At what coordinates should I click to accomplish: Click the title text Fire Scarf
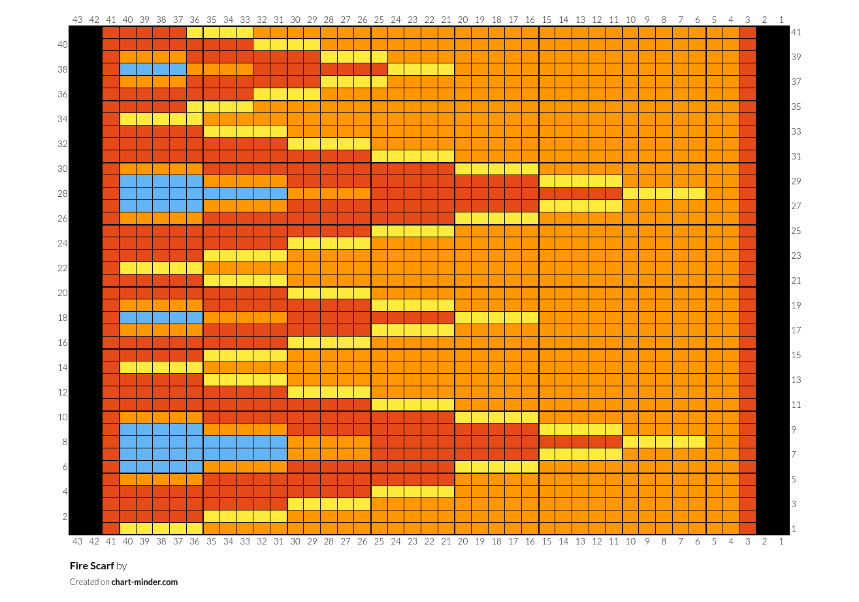pos(91,566)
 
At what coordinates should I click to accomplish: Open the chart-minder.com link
pos(144,582)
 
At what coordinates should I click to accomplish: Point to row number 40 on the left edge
pos(62,44)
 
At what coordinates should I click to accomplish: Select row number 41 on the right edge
pos(796,32)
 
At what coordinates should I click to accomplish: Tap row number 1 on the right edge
pos(793,529)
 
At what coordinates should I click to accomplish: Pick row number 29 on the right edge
pos(796,181)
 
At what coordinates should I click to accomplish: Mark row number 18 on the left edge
pos(62,318)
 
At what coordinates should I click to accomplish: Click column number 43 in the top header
pos(77,20)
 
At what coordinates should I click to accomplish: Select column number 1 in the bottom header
pos(781,541)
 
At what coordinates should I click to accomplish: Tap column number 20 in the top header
pos(462,20)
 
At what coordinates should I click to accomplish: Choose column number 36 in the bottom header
pos(195,541)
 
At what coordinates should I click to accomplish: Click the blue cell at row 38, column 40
pos(127,69)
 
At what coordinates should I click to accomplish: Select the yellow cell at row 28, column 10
pos(630,193)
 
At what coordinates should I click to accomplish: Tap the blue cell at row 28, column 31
pos(278,193)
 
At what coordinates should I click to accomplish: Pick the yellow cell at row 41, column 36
pos(195,32)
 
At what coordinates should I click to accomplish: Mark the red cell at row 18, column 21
pos(446,318)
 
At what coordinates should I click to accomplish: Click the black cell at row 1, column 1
pos(781,529)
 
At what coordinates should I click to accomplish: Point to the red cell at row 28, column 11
pos(613,193)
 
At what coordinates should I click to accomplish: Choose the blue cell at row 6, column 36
pos(195,467)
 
